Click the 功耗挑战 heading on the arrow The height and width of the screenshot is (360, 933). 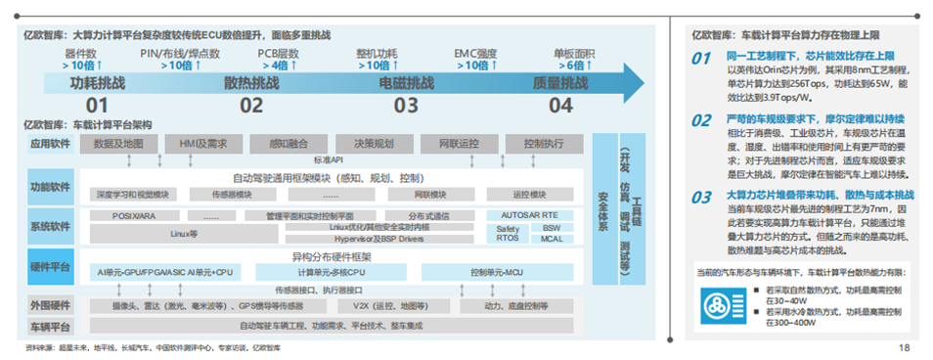pyautogui.click(x=96, y=83)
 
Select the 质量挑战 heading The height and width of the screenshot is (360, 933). pyautogui.click(x=559, y=83)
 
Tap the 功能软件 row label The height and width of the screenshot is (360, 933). pyautogui.click(x=51, y=186)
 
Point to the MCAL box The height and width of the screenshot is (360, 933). pyautogui.click(x=553, y=239)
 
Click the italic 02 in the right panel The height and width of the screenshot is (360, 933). pyautogui.click(x=701, y=120)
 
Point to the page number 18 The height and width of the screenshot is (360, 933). pyautogui.click(x=904, y=347)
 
